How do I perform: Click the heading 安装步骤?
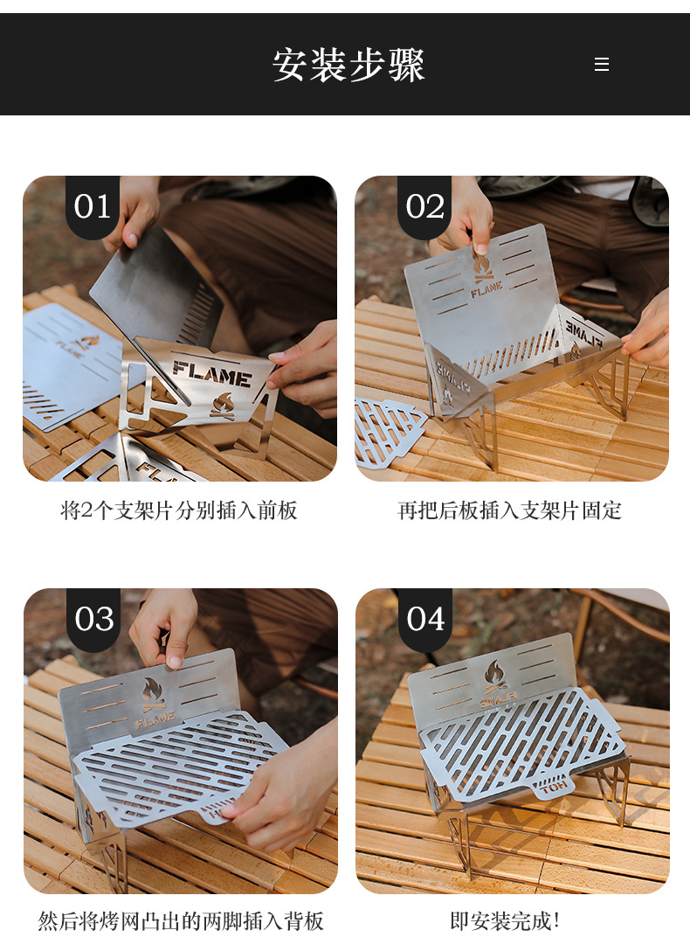point(348,66)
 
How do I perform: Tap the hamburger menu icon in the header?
point(601,65)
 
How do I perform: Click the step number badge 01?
point(93,207)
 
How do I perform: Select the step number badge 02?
point(424,207)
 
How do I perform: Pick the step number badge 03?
point(93,619)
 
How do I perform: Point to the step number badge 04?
point(425,619)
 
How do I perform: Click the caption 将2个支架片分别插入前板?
point(179,510)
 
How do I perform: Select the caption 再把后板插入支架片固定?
point(510,510)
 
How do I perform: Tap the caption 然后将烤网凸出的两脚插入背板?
point(181,920)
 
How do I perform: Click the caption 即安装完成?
point(505,920)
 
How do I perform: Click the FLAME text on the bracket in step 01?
point(211,373)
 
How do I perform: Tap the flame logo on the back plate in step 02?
point(482,264)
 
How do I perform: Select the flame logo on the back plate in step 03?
point(154,694)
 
